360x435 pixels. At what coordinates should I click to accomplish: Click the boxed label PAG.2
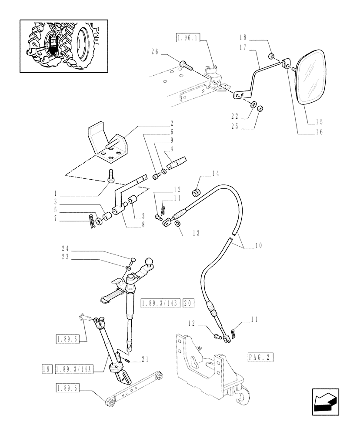click(x=261, y=358)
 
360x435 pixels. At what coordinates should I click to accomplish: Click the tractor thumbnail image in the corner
click(x=63, y=46)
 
